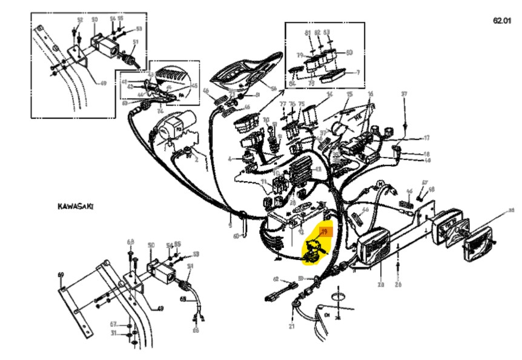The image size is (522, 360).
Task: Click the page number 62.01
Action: click(502, 21)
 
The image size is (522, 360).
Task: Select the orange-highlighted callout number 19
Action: click(324, 232)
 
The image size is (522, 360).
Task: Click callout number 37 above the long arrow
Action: click(404, 94)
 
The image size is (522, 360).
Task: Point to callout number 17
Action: click(427, 138)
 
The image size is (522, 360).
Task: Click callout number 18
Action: click(427, 154)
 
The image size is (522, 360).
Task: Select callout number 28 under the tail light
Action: click(380, 284)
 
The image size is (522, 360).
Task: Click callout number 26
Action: click(398, 284)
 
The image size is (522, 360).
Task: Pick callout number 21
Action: click(291, 327)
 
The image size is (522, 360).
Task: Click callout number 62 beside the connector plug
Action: click(276, 279)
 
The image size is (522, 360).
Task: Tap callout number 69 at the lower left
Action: click(61, 275)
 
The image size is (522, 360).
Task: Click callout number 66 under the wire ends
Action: click(196, 330)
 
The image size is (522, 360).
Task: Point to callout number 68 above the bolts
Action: click(130, 242)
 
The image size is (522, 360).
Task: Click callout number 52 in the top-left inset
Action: click(79, 21)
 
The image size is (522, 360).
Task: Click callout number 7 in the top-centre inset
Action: click(357, 73)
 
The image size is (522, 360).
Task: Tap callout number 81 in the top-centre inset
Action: click(308, 32)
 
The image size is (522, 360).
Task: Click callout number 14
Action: click(330, 95)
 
